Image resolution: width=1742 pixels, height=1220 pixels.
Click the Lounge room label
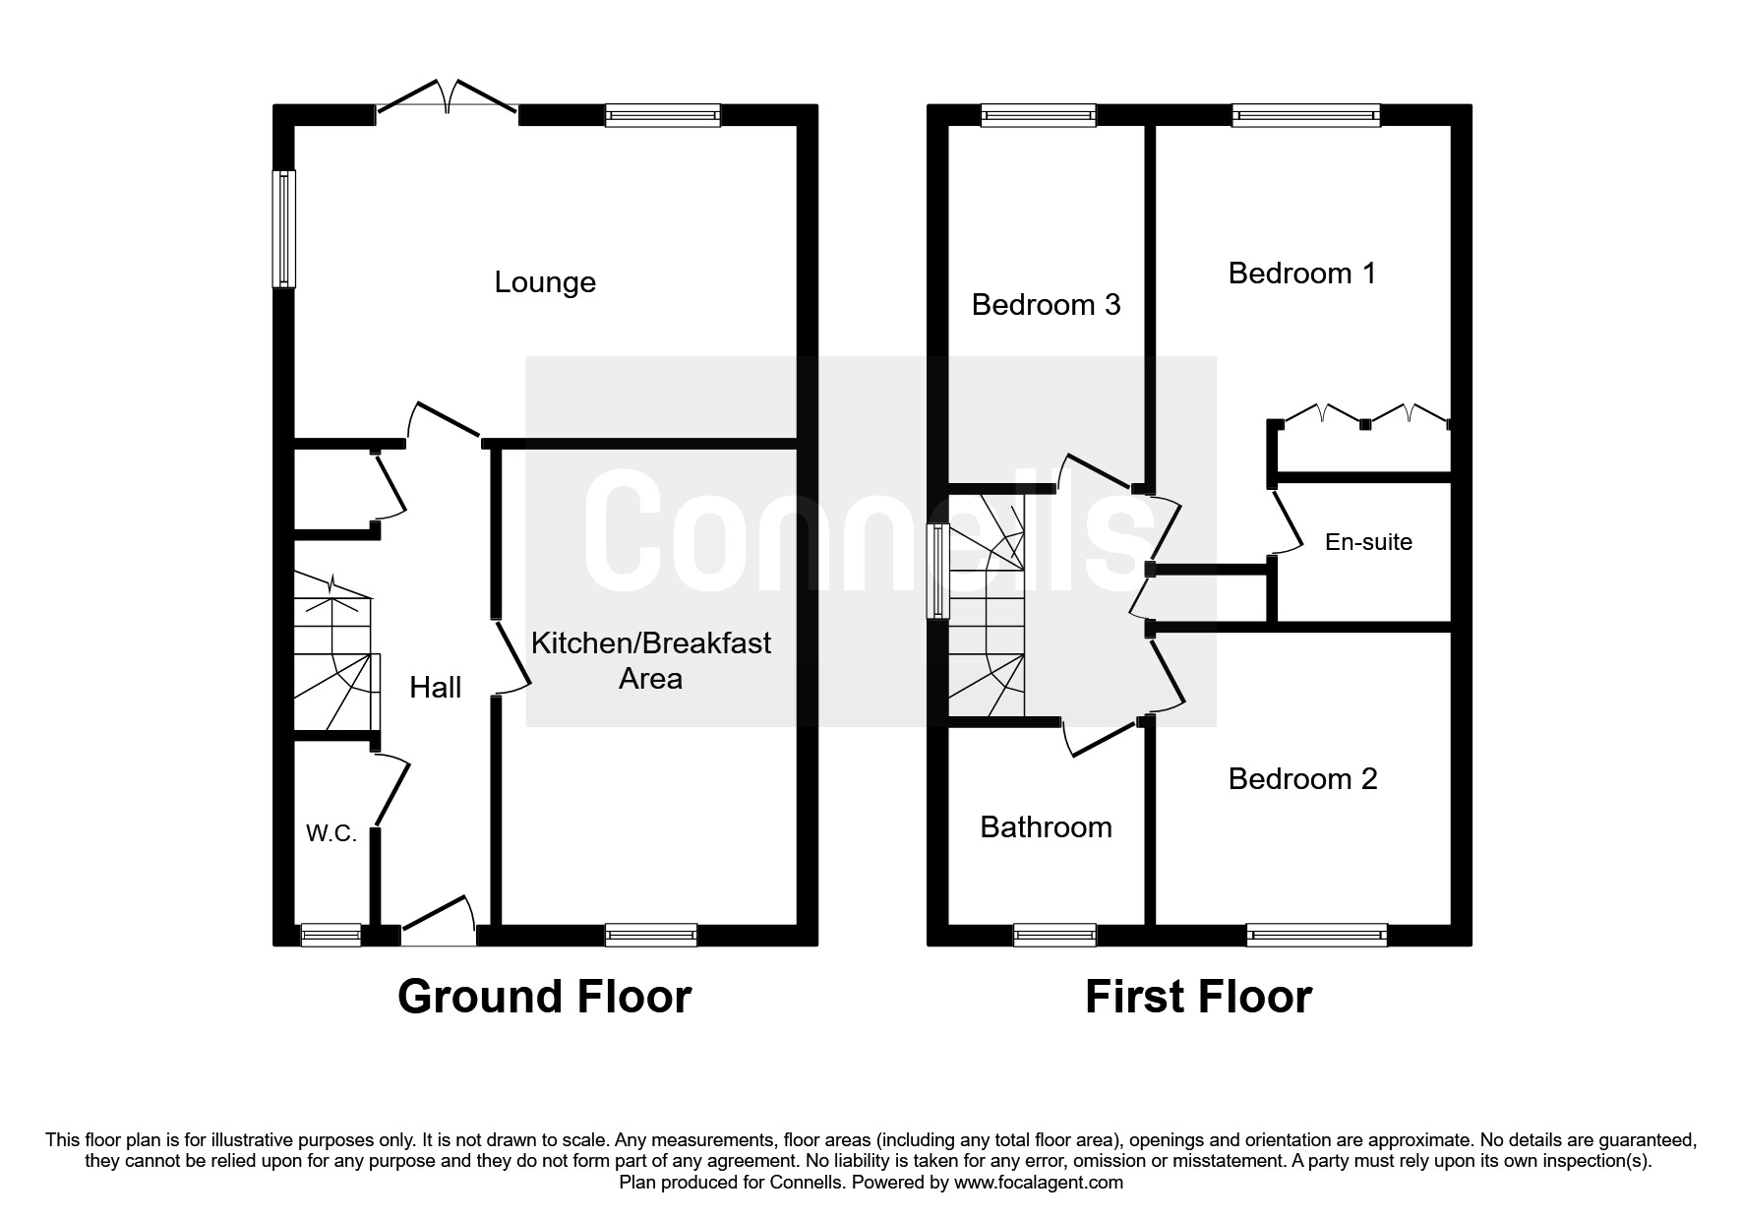click(x=545, y=282)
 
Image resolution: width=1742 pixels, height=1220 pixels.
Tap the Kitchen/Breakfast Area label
click(x=650, y=660)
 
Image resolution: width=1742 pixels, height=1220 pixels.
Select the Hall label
click(x=435, y=687)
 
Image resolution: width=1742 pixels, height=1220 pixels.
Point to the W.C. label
click(x=330, y=833)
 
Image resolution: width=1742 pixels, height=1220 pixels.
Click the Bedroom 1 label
click(x=1301, y=273)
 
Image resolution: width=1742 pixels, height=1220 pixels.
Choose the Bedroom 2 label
click(x=1302, y=779)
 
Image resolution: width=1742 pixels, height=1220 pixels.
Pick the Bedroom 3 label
click(x=1046, y=305)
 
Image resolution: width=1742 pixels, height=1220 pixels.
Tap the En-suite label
click(x=1368, y=542)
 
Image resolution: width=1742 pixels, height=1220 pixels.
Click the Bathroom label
click(x=1046, y=827)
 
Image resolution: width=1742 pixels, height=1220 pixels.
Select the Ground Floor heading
click(x=544, y=997)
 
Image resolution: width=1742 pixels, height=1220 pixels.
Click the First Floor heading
click(x=1198, y=997)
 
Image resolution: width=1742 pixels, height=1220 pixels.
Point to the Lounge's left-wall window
click(x=284, y=228)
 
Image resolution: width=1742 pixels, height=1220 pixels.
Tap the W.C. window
click(x=330, y=935)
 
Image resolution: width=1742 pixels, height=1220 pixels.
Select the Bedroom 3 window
click(x=1038, y=116)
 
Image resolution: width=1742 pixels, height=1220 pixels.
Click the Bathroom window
click(x=1054, y=935)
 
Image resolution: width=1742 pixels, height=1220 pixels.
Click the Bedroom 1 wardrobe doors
click(x=1364, y=414)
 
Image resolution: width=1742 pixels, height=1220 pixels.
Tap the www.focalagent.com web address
click(x=1038, y=1183)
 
